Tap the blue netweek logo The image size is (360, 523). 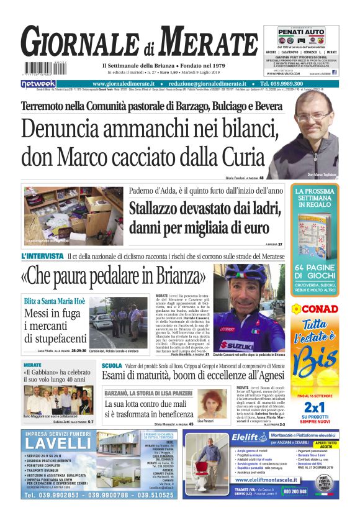(38, 83)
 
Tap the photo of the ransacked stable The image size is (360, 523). (73, 216)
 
